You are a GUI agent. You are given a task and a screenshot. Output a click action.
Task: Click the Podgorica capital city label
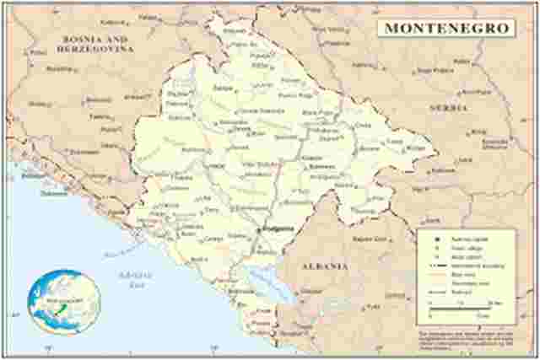[x=275, y=229]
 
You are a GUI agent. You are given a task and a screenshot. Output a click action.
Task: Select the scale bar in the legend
[x=460, y=311]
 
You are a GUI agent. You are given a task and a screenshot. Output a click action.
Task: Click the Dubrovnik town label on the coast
[x=53, y=192]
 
